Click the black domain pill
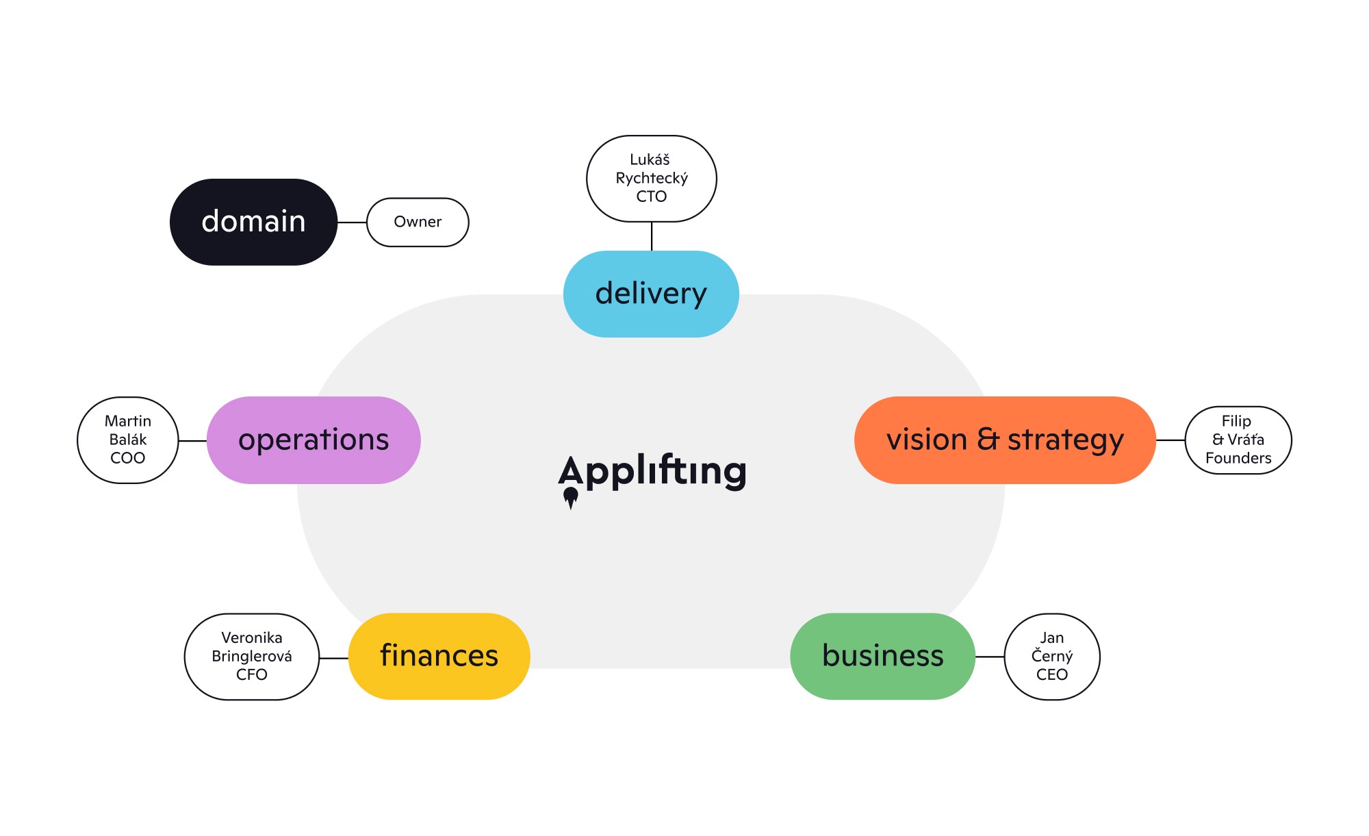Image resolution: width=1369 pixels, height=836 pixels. pos(253,222)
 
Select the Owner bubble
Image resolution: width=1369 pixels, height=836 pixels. pos(418,222)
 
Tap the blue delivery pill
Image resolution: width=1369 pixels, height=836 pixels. pos(651,294)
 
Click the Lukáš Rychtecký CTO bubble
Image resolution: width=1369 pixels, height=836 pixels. pos(651,178)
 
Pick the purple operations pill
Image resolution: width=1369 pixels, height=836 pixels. pos(314,440)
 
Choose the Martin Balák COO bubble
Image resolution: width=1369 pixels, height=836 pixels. pos(127,440)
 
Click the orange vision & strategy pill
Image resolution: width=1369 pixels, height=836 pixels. pos(1005,440)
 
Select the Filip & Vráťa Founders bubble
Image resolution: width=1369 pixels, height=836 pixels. pos(1238,440)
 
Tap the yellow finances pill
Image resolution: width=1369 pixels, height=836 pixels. pos(439,656)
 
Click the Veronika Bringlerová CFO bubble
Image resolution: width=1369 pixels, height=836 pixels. pos(251,656)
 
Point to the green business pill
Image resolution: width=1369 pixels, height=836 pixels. pos(882,656)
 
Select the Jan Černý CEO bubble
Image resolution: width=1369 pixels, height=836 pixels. pos(1051,656)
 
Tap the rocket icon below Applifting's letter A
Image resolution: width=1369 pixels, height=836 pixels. pos(570,497)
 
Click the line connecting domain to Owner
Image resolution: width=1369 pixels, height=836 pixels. pos(352,223)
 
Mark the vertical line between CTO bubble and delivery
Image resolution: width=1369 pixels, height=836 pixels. pos(652,236)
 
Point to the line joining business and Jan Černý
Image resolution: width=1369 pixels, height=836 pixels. pos(990,657)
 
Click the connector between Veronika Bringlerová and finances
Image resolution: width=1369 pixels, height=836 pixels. pos(334,658)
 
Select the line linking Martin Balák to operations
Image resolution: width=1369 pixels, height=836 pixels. pos(192,441)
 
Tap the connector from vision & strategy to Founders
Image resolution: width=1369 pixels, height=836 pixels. pos(1170,440)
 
